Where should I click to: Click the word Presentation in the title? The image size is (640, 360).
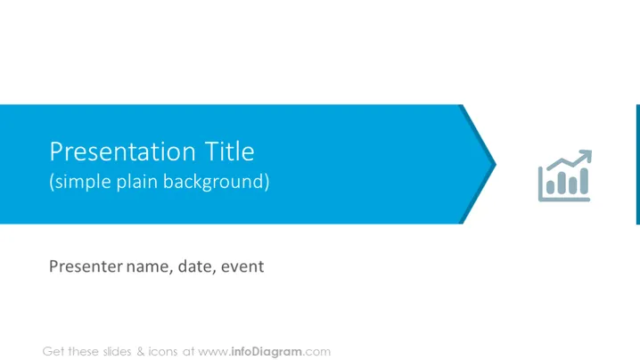click(x=122, y=151)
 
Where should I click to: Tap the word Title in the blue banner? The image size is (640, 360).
click(x=229, y=151)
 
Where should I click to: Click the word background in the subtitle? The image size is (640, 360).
click(x=213, y=182)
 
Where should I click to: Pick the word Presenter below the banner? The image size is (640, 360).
click(x=86, y=266)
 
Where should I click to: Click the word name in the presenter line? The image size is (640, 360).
click(x=147, y=267)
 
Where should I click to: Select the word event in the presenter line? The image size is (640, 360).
click(x=242, y=267)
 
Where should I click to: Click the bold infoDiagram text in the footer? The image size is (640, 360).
click(x=267, y=351)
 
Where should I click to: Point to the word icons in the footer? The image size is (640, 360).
click(x=163, y=351)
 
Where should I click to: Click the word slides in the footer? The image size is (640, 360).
click(x=117, y=351)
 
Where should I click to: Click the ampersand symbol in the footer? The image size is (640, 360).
click(x=141, y=351)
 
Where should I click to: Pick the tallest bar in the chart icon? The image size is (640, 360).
click(x=584, y=181)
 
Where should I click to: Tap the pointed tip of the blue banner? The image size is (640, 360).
click(x=496, y=165)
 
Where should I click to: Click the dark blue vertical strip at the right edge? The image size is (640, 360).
click(x=638, y=165)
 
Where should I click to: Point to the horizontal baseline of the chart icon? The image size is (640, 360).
click(x=564, y=200)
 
